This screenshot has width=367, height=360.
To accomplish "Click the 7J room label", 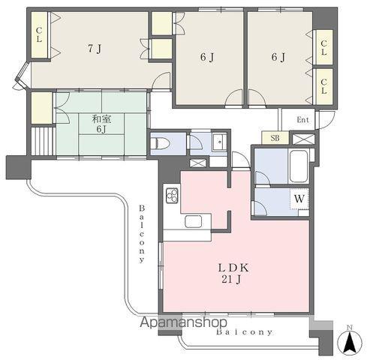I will click(x=94, y=49).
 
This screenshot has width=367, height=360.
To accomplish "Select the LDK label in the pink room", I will click(x=233, y=268).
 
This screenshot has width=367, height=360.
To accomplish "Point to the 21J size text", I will click(x=231, y=280).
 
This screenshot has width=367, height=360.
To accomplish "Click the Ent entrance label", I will click(x=303, y=120).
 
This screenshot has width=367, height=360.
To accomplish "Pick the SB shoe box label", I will click(x=274, y=139).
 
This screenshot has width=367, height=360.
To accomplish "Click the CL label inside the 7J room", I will click(x=38, y=36).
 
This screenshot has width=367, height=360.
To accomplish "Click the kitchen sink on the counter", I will click(x=193, y=221).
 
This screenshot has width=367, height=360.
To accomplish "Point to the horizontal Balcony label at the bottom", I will click(x=240, y=331).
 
